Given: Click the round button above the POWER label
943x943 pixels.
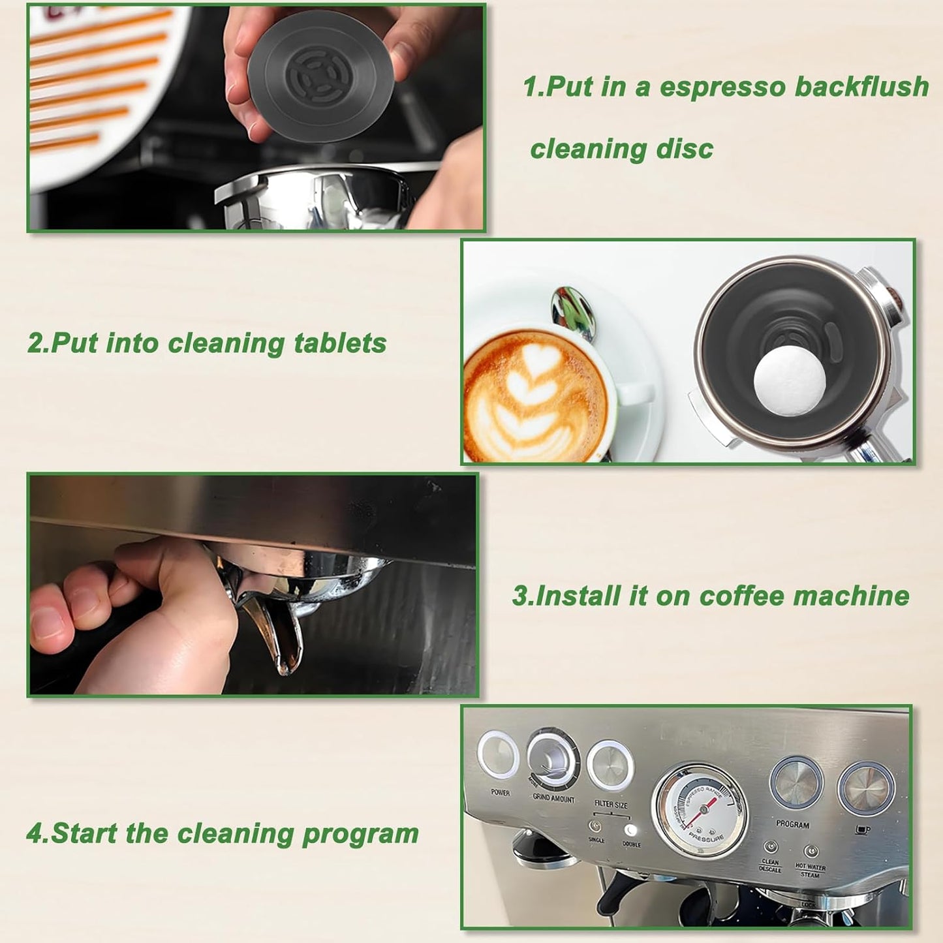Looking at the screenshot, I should pos(498,754).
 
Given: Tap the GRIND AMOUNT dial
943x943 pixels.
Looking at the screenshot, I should pos(553,756).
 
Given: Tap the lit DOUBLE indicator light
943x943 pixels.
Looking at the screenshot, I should pos(630,831).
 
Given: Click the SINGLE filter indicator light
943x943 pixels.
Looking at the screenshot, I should pos(595,826).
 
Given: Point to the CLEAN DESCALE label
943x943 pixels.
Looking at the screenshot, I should pos(770,866).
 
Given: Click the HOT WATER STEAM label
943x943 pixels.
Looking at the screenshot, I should pos(810,871).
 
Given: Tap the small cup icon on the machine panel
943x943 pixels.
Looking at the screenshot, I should pos(862,830).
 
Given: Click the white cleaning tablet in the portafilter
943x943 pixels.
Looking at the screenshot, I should pos(790,381).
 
